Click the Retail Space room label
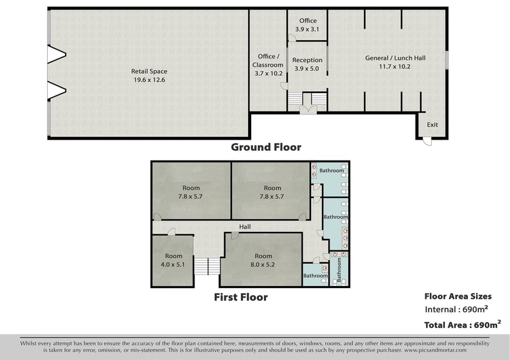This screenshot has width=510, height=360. pos(149,71)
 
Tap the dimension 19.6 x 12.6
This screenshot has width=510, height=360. pos(149,80)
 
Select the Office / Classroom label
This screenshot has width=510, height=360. pos(268,61)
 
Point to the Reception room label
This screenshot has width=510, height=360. pos(307,60)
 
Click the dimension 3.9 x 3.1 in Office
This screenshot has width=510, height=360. pos(307,29)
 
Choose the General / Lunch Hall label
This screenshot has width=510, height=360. pos(395,58)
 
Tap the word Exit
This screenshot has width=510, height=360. pos(432,124)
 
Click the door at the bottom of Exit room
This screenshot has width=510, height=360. pos(427,141)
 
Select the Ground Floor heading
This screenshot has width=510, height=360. pos(266,147)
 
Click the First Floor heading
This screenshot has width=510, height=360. pos(241,297)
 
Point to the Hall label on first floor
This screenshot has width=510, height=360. pos(245,227)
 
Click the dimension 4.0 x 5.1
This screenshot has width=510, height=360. pos(173,264)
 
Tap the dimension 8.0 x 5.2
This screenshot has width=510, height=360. pos(263,264)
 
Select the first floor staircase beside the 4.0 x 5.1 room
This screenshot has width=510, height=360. pos(207,266)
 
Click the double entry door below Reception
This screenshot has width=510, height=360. pos(308,110)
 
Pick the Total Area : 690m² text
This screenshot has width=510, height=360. pos(463,324)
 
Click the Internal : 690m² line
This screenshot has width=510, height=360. pos(456,309)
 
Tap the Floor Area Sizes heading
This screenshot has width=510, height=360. pos(458,296)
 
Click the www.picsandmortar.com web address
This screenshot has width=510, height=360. pos(435,350)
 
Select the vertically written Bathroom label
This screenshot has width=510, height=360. pos(339,270)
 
